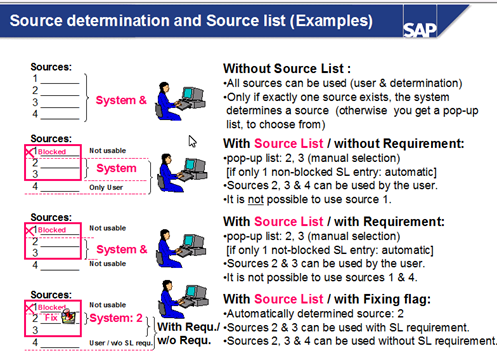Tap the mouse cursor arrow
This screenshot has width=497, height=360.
click(192, 142)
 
